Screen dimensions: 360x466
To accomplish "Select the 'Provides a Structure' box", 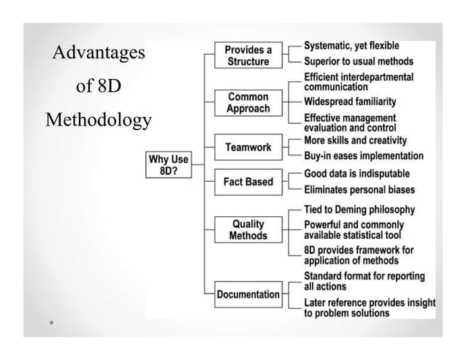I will point(248,55).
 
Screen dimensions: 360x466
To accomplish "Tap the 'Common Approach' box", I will point(248,103).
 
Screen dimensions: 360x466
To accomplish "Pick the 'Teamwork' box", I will point(248,147).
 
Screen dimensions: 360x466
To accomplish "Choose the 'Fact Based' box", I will point(248,182).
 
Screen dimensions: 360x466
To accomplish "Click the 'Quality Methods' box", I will point(248,230).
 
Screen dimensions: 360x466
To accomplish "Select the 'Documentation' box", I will point(248,294).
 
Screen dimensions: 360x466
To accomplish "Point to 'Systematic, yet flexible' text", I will point(351,46).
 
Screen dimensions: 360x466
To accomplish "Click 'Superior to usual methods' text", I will point(358,61).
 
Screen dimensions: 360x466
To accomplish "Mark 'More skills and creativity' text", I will point(355,140).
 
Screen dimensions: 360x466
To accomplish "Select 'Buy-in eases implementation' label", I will point(363,156).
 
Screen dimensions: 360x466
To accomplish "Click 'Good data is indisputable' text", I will point(356,174).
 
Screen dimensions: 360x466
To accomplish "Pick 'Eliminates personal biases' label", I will point(359,190).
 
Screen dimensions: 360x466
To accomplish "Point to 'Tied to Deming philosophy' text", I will point(359,210).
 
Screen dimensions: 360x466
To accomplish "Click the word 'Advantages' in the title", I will point(99,53).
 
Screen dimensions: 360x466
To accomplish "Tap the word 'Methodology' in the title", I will point(99,120).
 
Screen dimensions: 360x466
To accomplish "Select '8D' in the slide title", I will point(110,87).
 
